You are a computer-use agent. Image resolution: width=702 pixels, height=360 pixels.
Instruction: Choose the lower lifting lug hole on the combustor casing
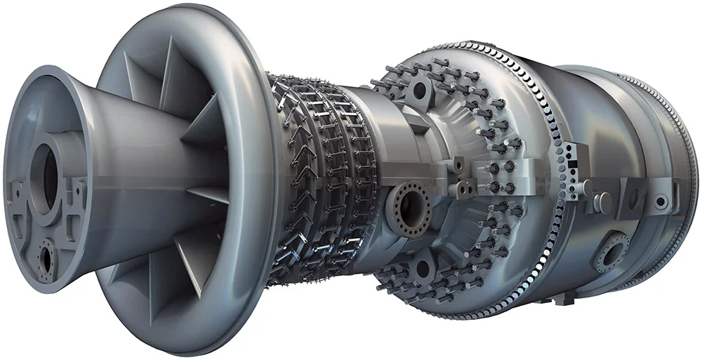click(x=423, y=267)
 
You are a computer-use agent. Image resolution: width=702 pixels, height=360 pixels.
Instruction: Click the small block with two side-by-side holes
click(x=464, y=189)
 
